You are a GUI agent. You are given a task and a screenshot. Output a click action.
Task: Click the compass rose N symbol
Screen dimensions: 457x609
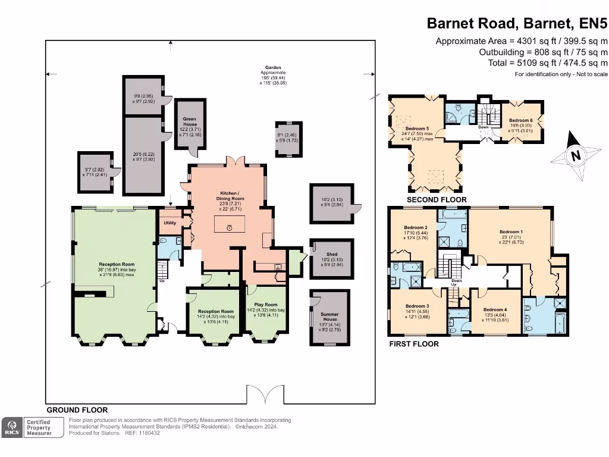575,156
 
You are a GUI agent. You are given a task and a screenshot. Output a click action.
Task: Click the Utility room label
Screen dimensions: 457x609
170,223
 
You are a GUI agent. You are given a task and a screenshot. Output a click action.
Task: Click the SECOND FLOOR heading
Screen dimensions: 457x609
437,200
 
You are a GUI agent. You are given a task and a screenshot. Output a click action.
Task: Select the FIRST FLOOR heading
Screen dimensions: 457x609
414,344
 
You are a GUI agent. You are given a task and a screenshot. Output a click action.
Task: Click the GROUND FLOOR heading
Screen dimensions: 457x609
77,410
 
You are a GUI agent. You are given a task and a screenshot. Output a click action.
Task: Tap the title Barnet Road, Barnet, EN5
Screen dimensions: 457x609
517,24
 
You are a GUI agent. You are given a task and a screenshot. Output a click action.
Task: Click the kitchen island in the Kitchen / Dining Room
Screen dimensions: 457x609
230,226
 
